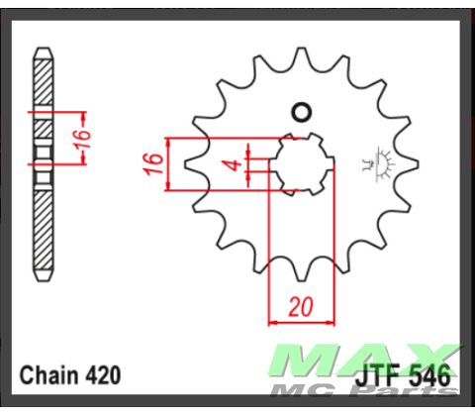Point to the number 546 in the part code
tap(431, 376)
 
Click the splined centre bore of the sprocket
tap(302, 163)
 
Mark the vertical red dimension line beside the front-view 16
tap(171, 163)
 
